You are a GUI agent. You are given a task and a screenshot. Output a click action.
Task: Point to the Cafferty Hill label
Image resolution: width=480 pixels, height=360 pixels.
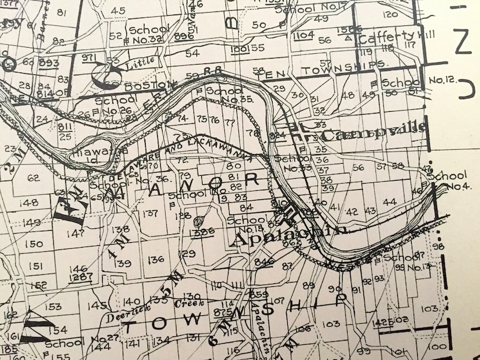point(388,36)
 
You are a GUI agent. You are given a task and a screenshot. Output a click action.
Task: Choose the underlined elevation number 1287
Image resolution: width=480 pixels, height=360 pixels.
point(80,278)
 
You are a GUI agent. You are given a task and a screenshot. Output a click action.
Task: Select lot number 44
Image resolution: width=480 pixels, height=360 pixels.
point(389,201)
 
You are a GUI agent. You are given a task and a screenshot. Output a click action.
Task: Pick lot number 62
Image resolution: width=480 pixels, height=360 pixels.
point(33,178)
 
